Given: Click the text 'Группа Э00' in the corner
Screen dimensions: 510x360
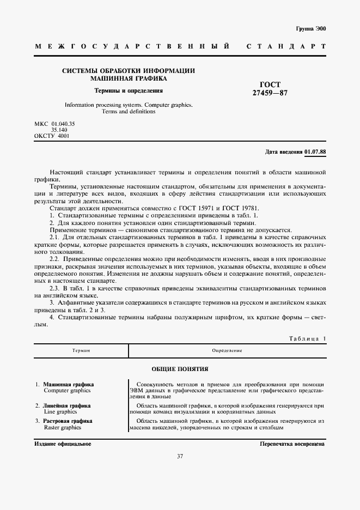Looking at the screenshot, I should point(311,28).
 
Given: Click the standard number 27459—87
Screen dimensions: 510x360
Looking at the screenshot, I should point(270,93).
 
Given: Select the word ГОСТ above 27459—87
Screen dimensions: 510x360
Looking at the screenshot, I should point(270,84).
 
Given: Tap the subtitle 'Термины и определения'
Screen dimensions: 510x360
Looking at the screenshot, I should point(129,90).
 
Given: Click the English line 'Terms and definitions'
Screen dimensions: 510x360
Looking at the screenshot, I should point(129,111).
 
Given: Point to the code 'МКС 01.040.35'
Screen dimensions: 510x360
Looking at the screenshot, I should point(54,124).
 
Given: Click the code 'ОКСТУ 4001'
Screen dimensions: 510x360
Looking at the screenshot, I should point(52,136).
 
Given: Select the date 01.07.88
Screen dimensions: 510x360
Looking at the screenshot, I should point(315,151).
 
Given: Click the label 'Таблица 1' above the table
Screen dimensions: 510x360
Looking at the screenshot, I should point(307,338).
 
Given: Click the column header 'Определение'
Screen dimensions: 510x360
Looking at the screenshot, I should point(227,350).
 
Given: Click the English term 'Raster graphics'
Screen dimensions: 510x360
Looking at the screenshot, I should point(62,428).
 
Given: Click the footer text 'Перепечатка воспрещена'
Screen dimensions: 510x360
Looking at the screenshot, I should point(292,444).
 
